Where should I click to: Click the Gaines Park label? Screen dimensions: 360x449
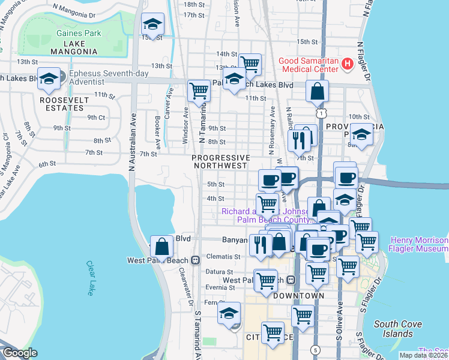pyautogui.click(x=79, y=34)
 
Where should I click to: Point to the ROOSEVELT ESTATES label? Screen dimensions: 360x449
pyautogui.click(x=61, y=103)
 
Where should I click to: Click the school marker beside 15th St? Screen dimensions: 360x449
pyautogui.click(x=152, y=25)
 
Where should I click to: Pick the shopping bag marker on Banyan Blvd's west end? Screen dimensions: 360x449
pyautogui.click(x=161, y=245)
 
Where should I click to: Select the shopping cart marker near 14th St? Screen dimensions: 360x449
pyautogui.click(x=250, y=63)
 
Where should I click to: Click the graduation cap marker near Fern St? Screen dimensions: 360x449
pyautogui.click(x=229, y=313)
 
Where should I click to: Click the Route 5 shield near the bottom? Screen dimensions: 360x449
pyautogui.click(x=316, y=349)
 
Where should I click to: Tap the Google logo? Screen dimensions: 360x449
pyautogui.click(x=19, y=353)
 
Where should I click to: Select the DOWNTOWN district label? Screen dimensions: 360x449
pyautogui.click(x=298, y=296)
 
